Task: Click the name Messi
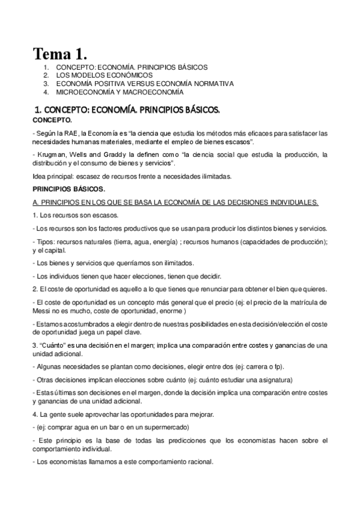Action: click(x=41, y=311)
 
